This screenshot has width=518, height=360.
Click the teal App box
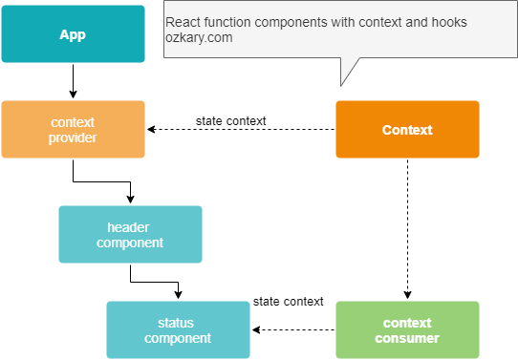(x=73, y=34)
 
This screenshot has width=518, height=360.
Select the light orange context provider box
(x=73, y=130)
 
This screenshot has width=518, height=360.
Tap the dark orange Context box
(x=407, y=130)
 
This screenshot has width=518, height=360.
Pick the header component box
(x=130, y=235)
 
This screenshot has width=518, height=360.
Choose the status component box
(x=178, y=330)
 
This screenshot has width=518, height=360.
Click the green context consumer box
(x=407, y=330)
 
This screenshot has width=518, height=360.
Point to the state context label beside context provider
(x=230, y=121)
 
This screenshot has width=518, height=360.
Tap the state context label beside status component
(x=288, y=302)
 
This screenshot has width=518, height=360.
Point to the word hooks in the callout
(x=446, y=23)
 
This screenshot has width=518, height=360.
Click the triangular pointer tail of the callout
(x=349, y=71)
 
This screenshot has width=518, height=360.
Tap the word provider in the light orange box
(x=73, y=138)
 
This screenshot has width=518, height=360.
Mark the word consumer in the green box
(x=407, y=339)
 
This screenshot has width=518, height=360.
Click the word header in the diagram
(x=130, y=227)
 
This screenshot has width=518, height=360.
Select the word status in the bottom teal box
(x=178, y=323)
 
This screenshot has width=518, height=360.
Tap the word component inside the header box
(x=130, y=244)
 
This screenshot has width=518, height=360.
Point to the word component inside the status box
(x=178, y=339)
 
